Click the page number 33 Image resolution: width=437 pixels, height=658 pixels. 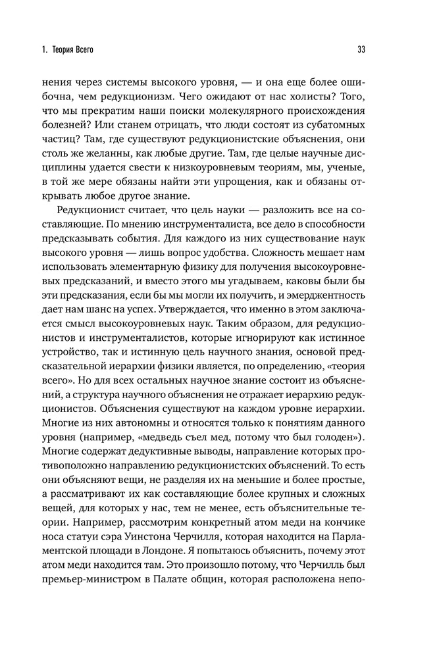(x=361, y=49)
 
